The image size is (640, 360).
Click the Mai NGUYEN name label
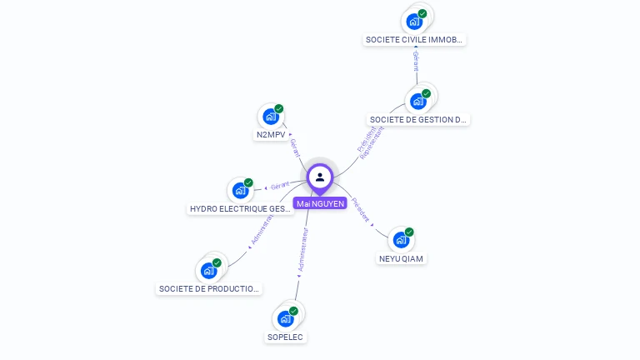click(x=319, y=203)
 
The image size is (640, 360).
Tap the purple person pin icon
click(x=320, y=177)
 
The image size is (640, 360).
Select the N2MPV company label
click(x=270, y=134)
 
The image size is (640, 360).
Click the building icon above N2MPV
click(x=270, y=117)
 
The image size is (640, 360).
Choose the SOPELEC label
click(x=285, y=337)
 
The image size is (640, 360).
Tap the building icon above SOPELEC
click(x=286, y=318)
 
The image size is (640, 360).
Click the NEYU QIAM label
click(x=401, y=258)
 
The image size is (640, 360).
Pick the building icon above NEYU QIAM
click(x=401, y=240)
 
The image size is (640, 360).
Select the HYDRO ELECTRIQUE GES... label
click(x=241, y=209)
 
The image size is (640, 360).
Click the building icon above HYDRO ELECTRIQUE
click(x=241, y=190)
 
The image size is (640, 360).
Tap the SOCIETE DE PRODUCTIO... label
click(x=209, y=289)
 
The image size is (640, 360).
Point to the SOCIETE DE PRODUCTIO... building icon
click(x=208, y=270)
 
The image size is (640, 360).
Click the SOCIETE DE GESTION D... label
click(x=417, y=119)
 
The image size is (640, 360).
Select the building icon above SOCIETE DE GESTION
click(x=417, y=101)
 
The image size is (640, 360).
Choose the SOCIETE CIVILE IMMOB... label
click(x=414, y=39)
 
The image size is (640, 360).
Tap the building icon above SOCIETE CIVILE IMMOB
click(x=414, y=21)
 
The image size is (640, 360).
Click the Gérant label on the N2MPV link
click(x=293, y=147)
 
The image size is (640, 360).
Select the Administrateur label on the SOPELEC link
click(x=304, y=252)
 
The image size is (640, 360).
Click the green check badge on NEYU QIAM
click(x=409, y=232)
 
